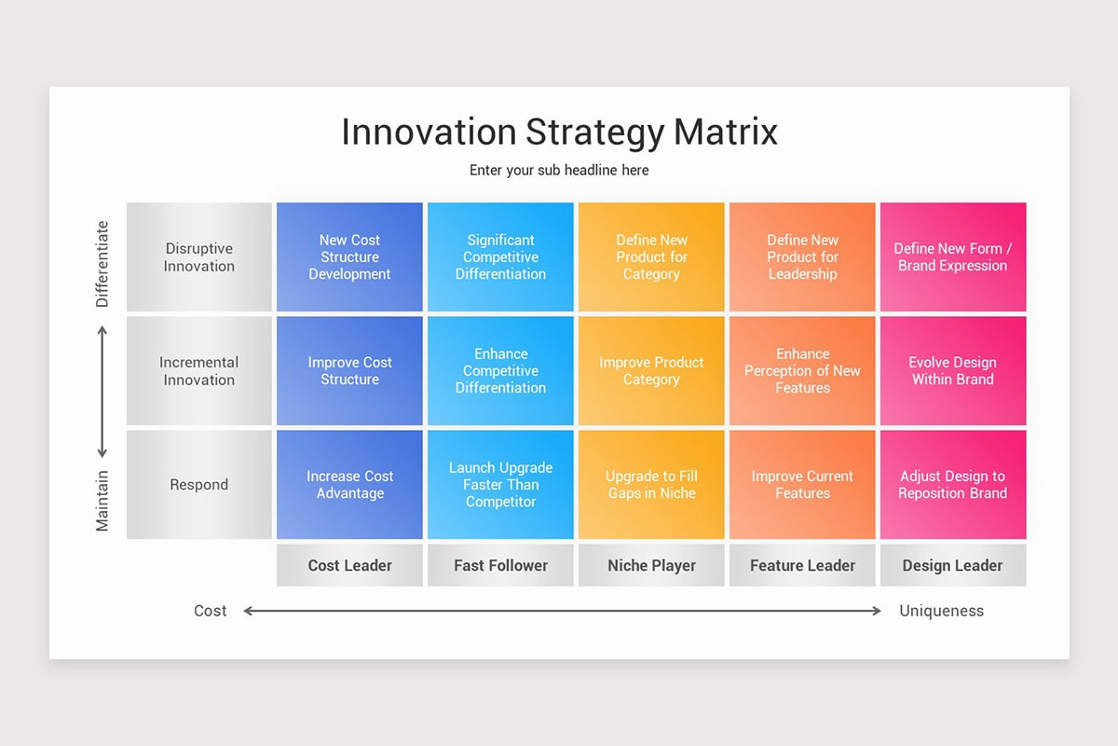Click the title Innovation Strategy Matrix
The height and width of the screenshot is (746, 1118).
[559, 132]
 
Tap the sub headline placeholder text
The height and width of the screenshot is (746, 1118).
[559, 171]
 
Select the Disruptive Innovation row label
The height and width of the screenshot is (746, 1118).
[199, 257]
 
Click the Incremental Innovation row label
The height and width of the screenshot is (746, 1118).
[199, 371]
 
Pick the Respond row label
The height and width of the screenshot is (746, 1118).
[199, 485]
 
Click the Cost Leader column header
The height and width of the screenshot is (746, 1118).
[349, 565]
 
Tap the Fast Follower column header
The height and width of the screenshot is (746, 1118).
[500, 565]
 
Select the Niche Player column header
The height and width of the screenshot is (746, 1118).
[651, 565]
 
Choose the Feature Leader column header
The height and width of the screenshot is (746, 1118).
[802, 565]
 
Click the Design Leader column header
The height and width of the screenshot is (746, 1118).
[953, 565]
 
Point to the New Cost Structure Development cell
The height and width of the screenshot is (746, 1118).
[349, 257]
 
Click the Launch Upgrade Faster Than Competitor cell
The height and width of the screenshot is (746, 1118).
[500, 485]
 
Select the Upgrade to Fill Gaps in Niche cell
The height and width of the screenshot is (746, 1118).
[651, 485]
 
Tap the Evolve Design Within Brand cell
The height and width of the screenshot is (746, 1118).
[953, 371]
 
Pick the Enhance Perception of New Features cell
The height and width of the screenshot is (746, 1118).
[802, 371]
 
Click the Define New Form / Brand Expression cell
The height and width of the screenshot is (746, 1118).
[953, 257]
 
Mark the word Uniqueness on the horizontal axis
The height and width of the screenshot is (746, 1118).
[941, 611]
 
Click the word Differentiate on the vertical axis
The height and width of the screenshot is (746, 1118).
[102, 264]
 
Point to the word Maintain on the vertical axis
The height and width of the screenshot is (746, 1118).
[102, 501]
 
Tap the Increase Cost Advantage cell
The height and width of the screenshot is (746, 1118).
[349, 485]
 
